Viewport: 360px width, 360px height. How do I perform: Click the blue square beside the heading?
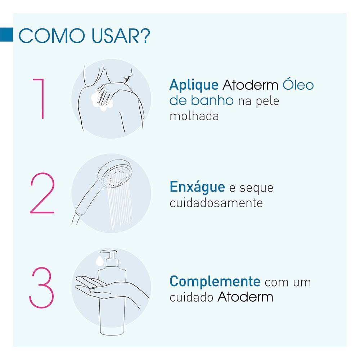pyautogui.click(x=6, y=34)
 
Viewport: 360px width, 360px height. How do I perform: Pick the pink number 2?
pyautogui.click(x=42, y=194)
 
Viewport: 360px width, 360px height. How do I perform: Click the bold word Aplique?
pyautogui.click(x=194, y=85)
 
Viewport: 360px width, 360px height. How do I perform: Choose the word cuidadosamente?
pyautogui.click(x=216, y=203)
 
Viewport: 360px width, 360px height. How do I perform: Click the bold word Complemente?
pyautogui.click(x=215, y=282)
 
